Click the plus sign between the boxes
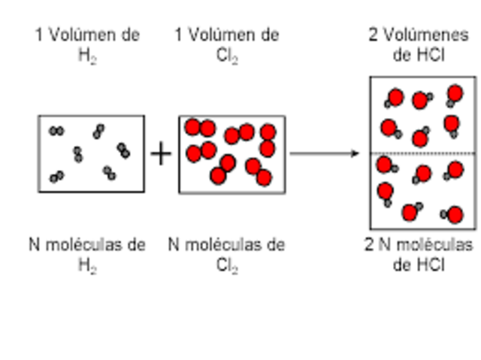coord(160,153)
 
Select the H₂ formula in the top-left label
coord(88,57)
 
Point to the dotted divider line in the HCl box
coord(422,153)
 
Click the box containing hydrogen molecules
coord(91,153)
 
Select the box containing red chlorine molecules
coord(231,153)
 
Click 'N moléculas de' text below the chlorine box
coord(226,245)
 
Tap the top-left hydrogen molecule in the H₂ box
coord(56,131)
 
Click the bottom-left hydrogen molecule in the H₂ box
coord(56,177)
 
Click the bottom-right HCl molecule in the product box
coord(453,216)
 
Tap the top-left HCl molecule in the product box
coord(395,98)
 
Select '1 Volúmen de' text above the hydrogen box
coord(87,35)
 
